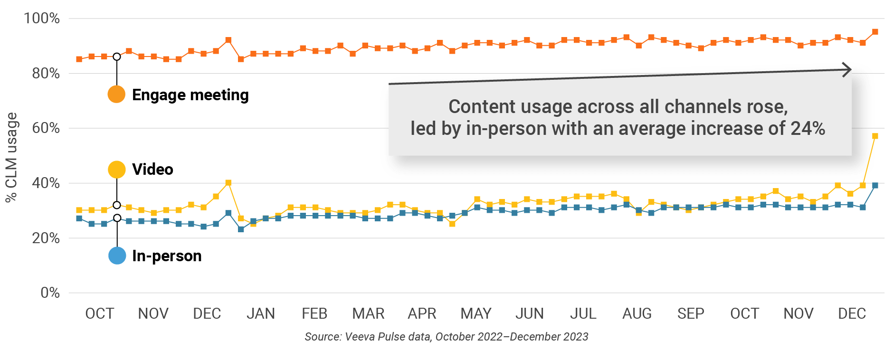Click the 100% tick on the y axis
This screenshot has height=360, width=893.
42,19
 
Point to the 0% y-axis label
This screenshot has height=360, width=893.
50,293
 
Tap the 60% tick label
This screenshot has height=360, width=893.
46,128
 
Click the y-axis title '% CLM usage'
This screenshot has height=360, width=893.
11,157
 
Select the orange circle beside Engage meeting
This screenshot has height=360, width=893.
116,94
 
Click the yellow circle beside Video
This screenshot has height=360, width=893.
116,169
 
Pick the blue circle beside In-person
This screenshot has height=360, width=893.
117,256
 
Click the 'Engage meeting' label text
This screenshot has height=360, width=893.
190,95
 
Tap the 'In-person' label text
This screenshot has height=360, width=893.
167,256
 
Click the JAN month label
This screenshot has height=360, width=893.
260,313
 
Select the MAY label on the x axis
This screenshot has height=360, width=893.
476,313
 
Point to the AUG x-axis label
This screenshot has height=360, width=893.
637,313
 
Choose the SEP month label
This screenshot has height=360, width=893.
691,313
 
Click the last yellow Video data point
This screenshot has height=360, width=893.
875,136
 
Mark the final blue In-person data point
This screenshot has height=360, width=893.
875,186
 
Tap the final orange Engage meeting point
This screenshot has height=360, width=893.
875,32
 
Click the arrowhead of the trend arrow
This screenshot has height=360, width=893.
847,70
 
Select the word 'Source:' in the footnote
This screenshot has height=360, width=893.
323,337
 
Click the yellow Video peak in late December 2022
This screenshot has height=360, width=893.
228,183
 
